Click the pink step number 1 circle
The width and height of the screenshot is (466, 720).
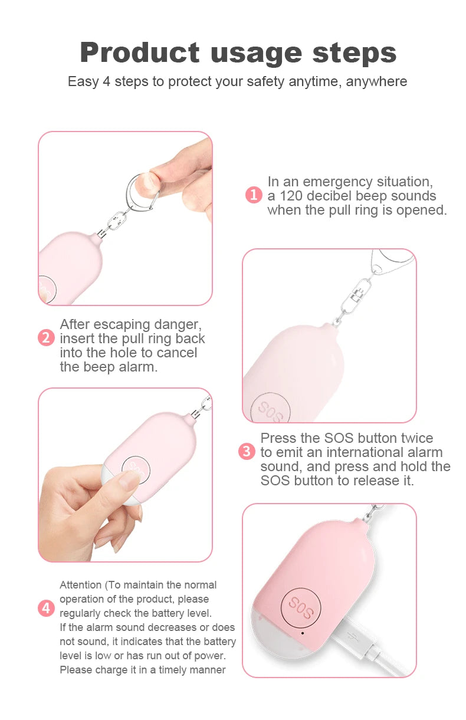coord(254,195)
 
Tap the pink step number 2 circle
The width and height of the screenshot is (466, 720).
coord(46,338)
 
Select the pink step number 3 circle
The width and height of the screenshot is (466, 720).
coord(247,451)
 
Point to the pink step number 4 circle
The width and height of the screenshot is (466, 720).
coord(46,609)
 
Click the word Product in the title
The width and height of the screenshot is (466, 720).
coord(140,52)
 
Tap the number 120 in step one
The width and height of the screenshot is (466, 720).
coord(291,195)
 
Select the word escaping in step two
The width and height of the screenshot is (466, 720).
coord(123,325)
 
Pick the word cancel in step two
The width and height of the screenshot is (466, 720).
coord(176,353)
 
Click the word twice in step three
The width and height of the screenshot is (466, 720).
coord(415,438)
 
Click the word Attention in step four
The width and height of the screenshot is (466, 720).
coord(80,585)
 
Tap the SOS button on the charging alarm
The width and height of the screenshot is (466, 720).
coord(301,607)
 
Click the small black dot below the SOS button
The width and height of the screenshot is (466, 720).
coord(302,633)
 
